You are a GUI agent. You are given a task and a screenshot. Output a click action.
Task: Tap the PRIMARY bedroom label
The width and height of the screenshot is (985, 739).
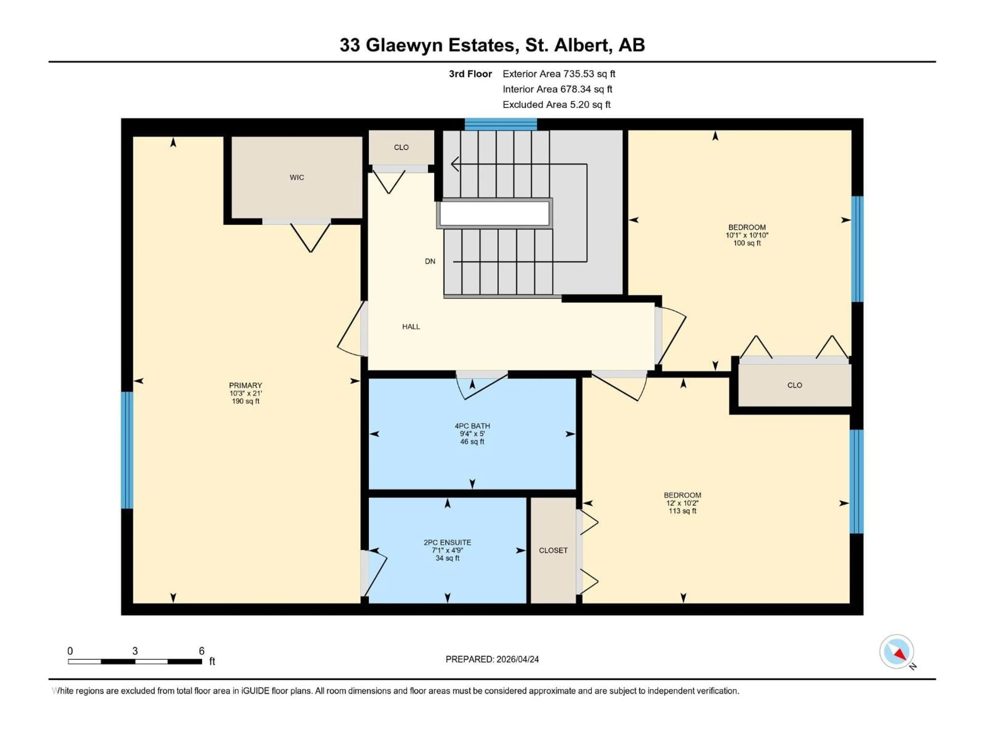tap(245, 385)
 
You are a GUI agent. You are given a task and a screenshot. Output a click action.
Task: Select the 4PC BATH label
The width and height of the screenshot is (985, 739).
tap(472, 426)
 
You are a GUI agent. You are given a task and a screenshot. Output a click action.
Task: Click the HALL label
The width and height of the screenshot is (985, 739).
tap(411, 326)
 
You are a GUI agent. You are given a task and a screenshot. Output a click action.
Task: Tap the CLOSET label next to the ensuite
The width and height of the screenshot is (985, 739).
tap(553, 551)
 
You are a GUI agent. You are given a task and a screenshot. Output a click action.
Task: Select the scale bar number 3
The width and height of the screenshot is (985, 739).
tap(135, 651)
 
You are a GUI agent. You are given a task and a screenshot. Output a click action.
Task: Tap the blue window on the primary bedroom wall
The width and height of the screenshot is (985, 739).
tap(127, 450)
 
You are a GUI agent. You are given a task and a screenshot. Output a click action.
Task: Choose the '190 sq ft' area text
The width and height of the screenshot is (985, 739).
tap(245, 401)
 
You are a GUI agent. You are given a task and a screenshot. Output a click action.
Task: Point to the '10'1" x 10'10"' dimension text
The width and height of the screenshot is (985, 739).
tap(747, 235)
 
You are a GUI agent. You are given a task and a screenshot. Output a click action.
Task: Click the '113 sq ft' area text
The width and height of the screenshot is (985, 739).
tap(682, 511)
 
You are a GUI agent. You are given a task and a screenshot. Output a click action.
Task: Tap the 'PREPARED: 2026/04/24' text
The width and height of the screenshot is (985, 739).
tap(492, 659)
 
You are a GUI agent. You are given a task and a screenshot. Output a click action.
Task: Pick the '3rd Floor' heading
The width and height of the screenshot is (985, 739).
tap(470, 74)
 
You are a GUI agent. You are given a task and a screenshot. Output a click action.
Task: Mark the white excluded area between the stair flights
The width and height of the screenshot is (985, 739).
tap(494, 213)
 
